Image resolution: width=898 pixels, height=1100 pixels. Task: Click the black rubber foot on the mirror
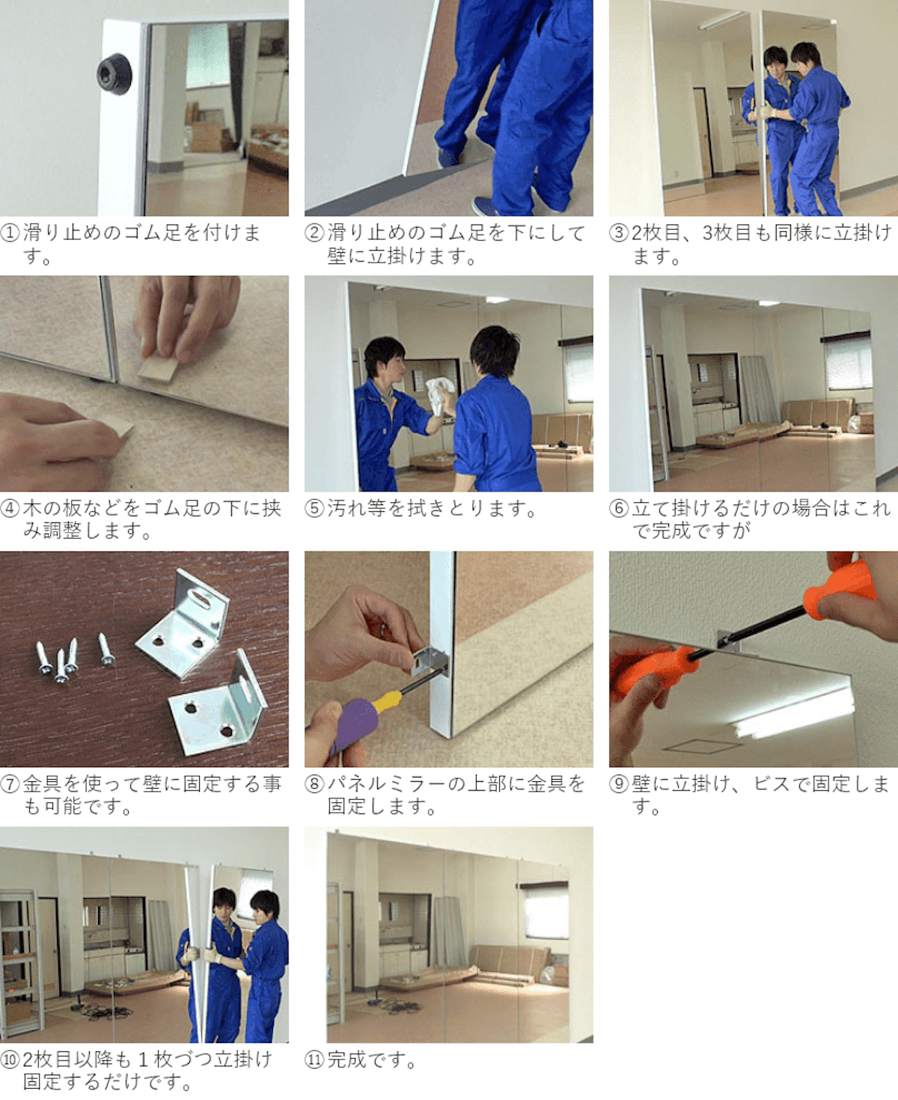[x=114, y=74]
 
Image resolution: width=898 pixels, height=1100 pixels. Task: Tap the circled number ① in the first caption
[x=10, y=233]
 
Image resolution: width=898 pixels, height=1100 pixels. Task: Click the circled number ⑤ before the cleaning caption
[x=314, y=508]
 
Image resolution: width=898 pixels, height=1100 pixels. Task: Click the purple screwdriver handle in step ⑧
[x=355, y=723]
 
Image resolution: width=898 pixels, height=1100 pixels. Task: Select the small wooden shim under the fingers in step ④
[x=158, y=369]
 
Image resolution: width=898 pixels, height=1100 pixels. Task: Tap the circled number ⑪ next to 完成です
[x=314, y=1060]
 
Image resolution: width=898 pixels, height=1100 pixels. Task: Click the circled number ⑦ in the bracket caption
[x=10, y=783]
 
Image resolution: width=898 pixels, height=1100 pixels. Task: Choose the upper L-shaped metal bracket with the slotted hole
[x=183, y=624]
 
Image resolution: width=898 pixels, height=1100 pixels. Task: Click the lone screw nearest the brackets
[x=106, y=650]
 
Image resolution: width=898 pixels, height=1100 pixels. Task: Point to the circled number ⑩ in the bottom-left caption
[x=10, y=1060]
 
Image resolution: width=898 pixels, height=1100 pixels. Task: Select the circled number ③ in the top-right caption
[x=619, y=233]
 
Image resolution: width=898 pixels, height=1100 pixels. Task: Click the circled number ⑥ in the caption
[x=619, y=508]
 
